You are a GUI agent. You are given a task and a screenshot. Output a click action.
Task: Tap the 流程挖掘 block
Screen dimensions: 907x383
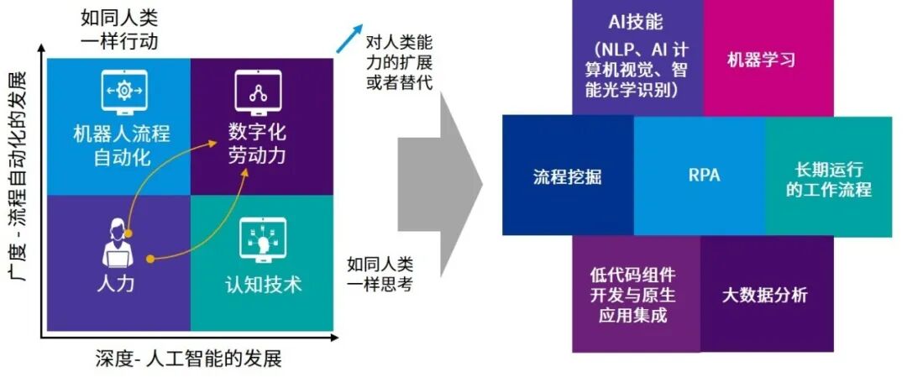coord(568,176)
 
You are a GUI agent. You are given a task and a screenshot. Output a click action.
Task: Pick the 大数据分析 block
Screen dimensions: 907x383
coord(765,295)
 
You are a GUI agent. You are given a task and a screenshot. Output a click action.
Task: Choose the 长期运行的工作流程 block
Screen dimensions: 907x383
coord(828,178)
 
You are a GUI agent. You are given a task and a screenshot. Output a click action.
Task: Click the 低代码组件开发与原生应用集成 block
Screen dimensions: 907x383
coord(635,296)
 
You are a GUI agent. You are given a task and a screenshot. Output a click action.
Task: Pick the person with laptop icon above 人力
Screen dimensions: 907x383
coord(118,241)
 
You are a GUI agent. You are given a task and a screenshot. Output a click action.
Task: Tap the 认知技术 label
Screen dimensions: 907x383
coord(263,284)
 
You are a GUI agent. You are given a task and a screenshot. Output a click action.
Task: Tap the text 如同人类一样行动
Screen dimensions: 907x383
coord(119,29)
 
